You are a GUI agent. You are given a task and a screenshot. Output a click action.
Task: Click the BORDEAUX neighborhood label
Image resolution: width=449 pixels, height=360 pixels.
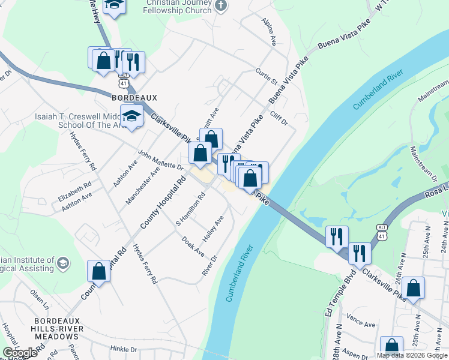(134, 97)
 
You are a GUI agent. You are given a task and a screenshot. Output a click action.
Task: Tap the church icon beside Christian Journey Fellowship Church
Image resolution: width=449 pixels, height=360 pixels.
(221, 6)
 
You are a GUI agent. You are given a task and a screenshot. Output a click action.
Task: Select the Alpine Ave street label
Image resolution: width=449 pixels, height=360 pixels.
(268, 32)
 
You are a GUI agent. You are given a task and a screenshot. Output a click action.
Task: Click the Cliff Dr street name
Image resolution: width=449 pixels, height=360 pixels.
(279, 118)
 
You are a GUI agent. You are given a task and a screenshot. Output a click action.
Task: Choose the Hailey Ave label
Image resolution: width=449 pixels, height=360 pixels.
(213, 229)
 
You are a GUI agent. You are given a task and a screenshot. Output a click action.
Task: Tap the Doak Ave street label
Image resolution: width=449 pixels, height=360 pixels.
(193, 246)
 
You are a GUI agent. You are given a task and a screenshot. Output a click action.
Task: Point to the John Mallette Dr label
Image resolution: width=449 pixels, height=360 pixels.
(160, 160)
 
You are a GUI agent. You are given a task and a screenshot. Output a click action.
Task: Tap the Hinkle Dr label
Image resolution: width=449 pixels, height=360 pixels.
(124, 349)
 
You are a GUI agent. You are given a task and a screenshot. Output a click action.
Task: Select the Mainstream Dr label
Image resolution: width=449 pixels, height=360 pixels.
(423, 162)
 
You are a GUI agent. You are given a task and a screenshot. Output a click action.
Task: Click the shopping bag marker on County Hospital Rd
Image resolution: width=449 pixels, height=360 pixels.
(99, 271)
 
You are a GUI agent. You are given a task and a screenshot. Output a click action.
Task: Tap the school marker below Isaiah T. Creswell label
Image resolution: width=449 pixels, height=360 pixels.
(131, 117)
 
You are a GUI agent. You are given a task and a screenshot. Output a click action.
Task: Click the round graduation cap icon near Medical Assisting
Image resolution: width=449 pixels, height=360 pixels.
(63, 263)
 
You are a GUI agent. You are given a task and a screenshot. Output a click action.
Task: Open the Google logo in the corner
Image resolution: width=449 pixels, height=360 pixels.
(20, 353)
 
